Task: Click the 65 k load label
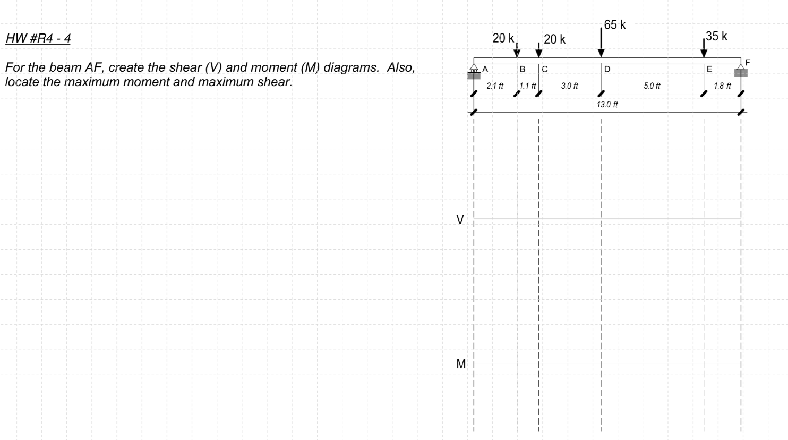615,24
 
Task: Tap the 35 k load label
716,36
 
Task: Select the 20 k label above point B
503,38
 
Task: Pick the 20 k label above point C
555,39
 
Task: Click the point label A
485,69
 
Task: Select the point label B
523,69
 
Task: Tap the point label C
545,69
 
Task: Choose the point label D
607,69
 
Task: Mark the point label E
709,69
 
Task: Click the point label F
748,62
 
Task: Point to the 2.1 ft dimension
495,86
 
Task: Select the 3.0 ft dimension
570,86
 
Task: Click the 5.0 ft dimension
652,86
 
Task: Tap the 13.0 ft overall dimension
607,104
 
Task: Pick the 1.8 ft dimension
722,86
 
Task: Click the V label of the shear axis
460,219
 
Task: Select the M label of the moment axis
461,364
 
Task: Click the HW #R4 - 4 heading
38,39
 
